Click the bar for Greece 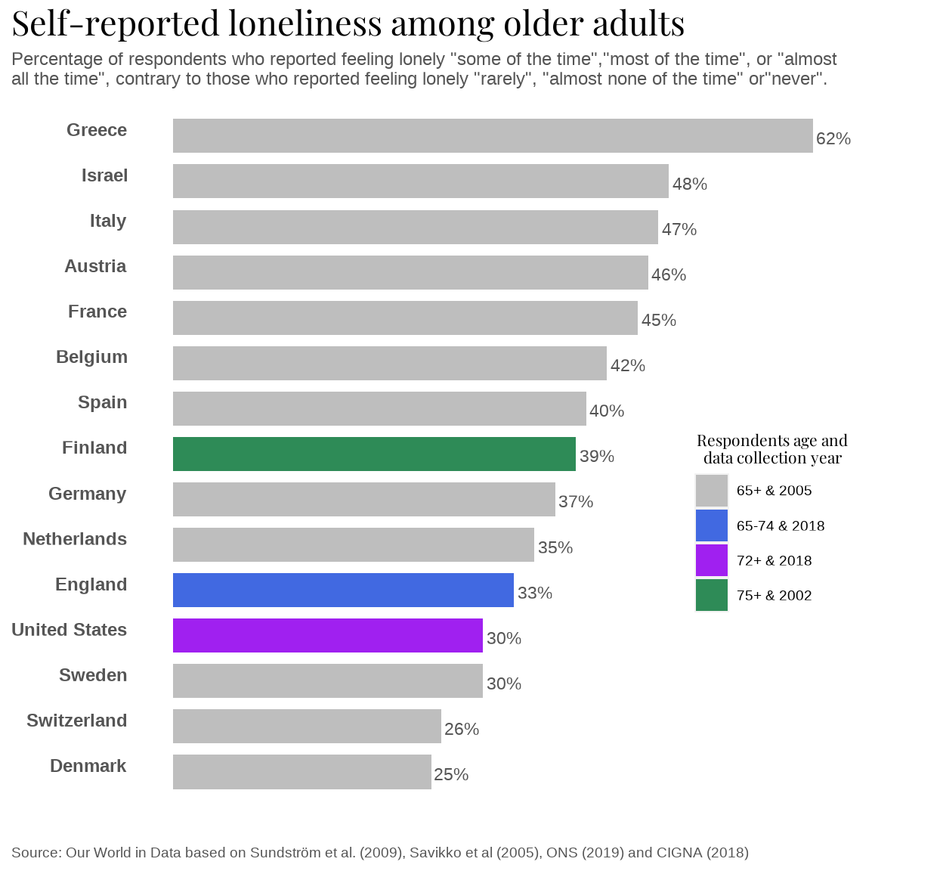point(493,136)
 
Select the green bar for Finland point(374,454)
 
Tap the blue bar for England point(343,590)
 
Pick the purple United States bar point(327,635)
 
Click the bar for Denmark point(301,771)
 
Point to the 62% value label point(833,138)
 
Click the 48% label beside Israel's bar point(689,184)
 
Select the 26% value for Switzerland point(461,729)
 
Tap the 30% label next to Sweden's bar point(503,683)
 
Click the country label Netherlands point(74,539)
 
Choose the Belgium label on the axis point(91,357)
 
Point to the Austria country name point(95,266)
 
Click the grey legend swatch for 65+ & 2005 point(711,491)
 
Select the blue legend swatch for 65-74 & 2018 point(711,525)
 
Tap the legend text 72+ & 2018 point(774,560)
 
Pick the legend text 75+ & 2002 point(774,595)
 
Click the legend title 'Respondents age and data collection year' point(771,449)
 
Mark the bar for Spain point(379,408)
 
